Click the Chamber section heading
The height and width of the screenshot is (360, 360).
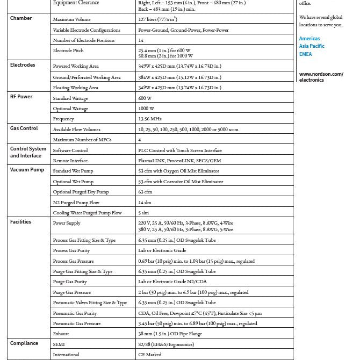tap(21, 18)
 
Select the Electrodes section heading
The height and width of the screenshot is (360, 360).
tap(23, 65)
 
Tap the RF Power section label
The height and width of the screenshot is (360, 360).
tap(21, 97)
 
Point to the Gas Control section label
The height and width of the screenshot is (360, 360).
tap(24, 128)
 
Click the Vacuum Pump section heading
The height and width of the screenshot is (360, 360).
tap(27, 170)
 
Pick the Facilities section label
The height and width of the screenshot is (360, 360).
tap(21, 221)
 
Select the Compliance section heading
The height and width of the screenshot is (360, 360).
tap(24, 343)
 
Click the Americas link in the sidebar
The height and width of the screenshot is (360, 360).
tap(309, 39)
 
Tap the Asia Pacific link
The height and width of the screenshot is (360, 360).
tap(312, 46)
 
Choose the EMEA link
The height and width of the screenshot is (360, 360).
tap(305, 54)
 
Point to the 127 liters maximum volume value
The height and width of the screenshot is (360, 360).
tap(157, 19)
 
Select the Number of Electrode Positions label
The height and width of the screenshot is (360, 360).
tap(83, 40)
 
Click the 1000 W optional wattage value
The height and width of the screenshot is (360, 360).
tap(146, 109)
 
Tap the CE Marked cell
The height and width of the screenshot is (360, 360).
tap(150, 355)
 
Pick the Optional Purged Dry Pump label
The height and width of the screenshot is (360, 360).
tap(81, 192)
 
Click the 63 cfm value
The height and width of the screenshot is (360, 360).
tap(145, 192)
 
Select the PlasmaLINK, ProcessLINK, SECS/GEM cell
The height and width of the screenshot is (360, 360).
tap(179, 161)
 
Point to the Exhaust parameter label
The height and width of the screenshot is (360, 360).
tap(61, 334)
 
